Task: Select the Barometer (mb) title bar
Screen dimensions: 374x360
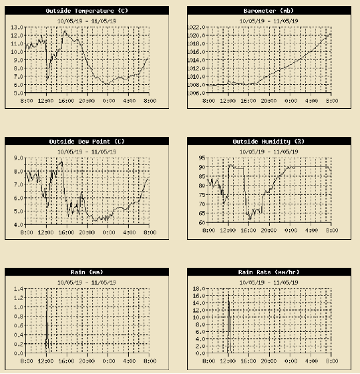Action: pyautogui.click(x=268, y=11)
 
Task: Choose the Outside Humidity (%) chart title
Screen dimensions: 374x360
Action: pyautogui.click(x=268, y=142)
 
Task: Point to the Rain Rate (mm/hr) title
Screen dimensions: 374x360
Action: pyautogui.click(x=268, y=272)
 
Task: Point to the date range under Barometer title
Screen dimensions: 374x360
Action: pyautogui.click(x=268, y=20)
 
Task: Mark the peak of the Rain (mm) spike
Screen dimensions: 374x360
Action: pyautogui.click(x=47, y=289)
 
